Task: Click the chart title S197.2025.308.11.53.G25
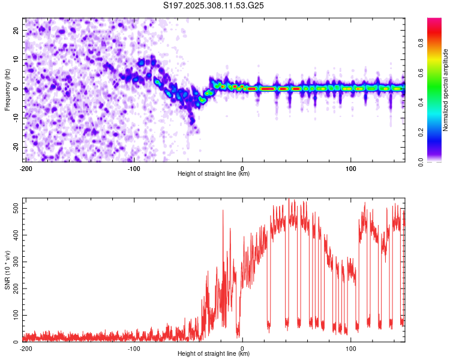click(x=214, y=6)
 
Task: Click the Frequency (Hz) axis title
click(x=7, y=89)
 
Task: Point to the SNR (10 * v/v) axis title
click(x=7, y=269)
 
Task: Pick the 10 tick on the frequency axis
click(x=16, y=59)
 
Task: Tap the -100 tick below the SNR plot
click(x=133, y=349)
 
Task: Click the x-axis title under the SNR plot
click(x=214, y=354)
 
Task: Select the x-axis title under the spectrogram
click(x=214, y=174)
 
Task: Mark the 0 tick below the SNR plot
click(x=242, y=349)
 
